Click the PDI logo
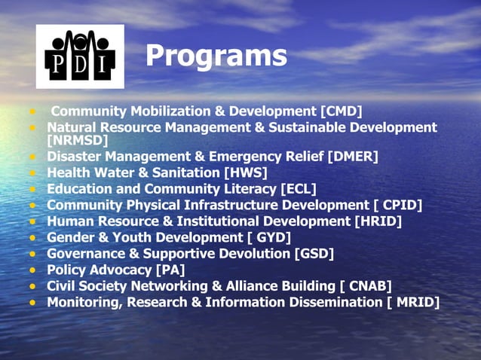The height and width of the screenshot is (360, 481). pyautogui.click(x=80, y=56)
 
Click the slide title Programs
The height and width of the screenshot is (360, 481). pyautogui.click(x=216, y=55)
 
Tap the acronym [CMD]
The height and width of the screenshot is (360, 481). pyautogui.click(x=342, y=111)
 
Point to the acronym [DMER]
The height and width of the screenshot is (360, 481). pyautogui.click(x=353, y=156)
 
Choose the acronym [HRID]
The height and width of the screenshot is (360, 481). pyautogui.click(x=378, y=221)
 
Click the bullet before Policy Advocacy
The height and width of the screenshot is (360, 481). pyautogui.click(x=33, y=270)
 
